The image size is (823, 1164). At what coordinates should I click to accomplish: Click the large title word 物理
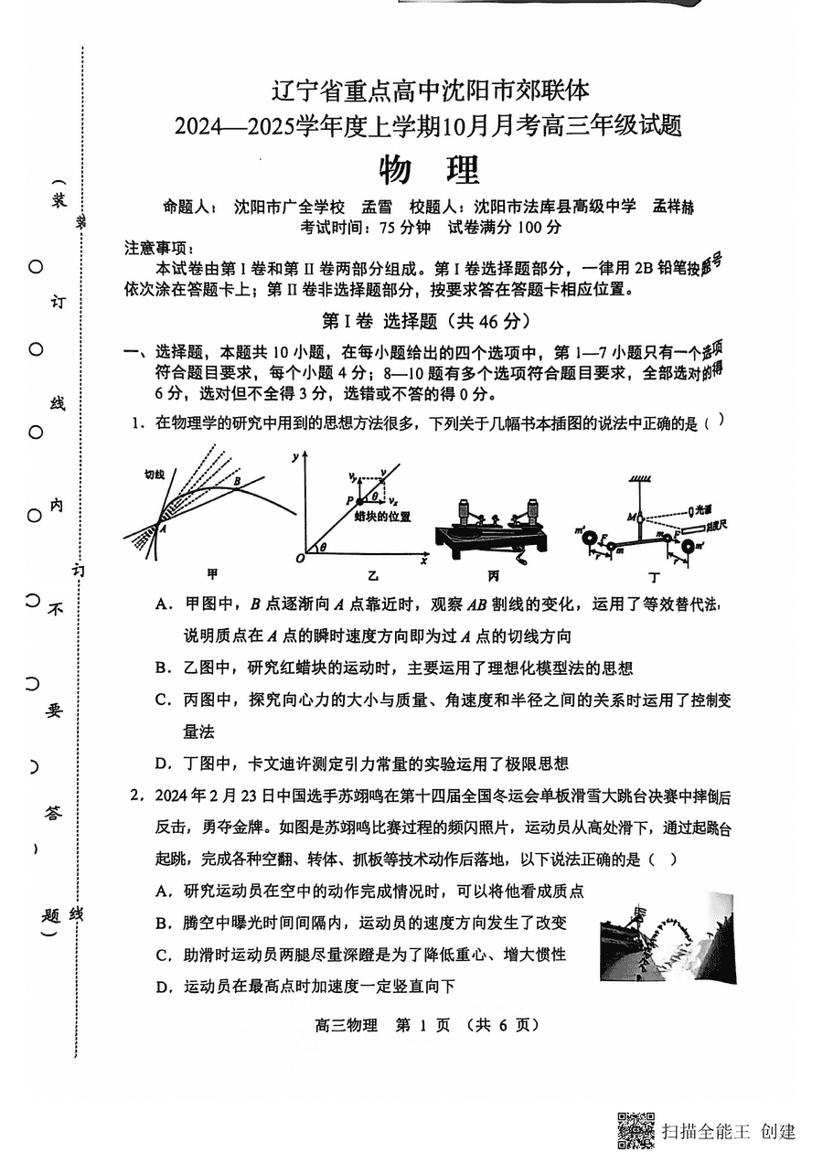point(428,170)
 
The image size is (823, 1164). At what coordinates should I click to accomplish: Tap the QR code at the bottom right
point(636,1130)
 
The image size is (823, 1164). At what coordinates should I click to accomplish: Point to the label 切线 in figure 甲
point(155,475)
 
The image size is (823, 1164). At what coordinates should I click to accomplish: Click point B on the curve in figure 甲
point(237,481)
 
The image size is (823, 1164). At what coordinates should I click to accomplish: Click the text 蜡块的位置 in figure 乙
point(383,517)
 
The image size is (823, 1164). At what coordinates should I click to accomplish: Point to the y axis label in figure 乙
point(295,455)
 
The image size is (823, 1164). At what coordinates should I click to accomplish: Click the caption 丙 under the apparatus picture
point(493,575)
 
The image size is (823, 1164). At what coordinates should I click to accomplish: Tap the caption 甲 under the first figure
point(212,575)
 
